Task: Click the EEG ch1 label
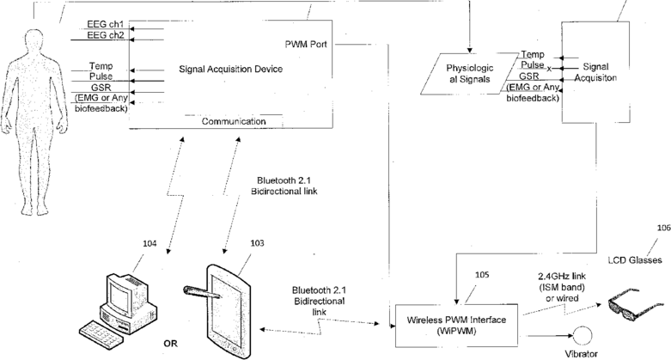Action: point(106,24)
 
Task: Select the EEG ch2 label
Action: point(106,35)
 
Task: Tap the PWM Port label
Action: point(306,44)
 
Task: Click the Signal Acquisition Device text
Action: point(230,69)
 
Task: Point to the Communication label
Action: point(234,121)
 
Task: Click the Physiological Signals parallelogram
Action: point(469,73)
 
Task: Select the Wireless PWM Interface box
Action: point(456,326)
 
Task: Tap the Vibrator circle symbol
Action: point(583,336)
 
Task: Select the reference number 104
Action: point(149,243)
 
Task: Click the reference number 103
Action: point(257,243)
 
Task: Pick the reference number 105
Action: point(482,275)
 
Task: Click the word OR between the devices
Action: point(170,344)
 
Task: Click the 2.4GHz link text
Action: point(562,277)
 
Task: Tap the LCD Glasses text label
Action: point(635,259)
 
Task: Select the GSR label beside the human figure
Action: point(101,88)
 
